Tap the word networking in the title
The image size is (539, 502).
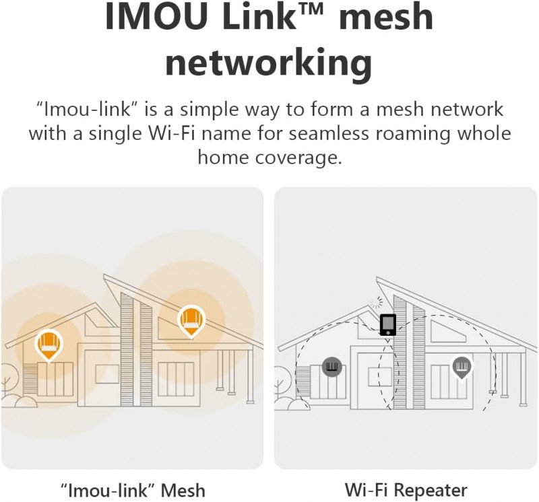coord(268,64)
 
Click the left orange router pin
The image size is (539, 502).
coord(49,344)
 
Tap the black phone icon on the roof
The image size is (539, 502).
coord(387,324)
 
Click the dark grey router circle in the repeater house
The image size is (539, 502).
coord(332,367)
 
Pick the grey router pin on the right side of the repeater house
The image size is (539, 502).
coord(462,367)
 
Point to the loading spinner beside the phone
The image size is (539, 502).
coord(375,304)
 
